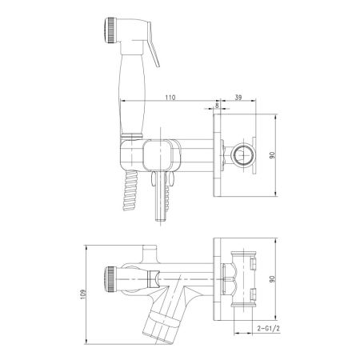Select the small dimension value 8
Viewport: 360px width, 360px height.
217,105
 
